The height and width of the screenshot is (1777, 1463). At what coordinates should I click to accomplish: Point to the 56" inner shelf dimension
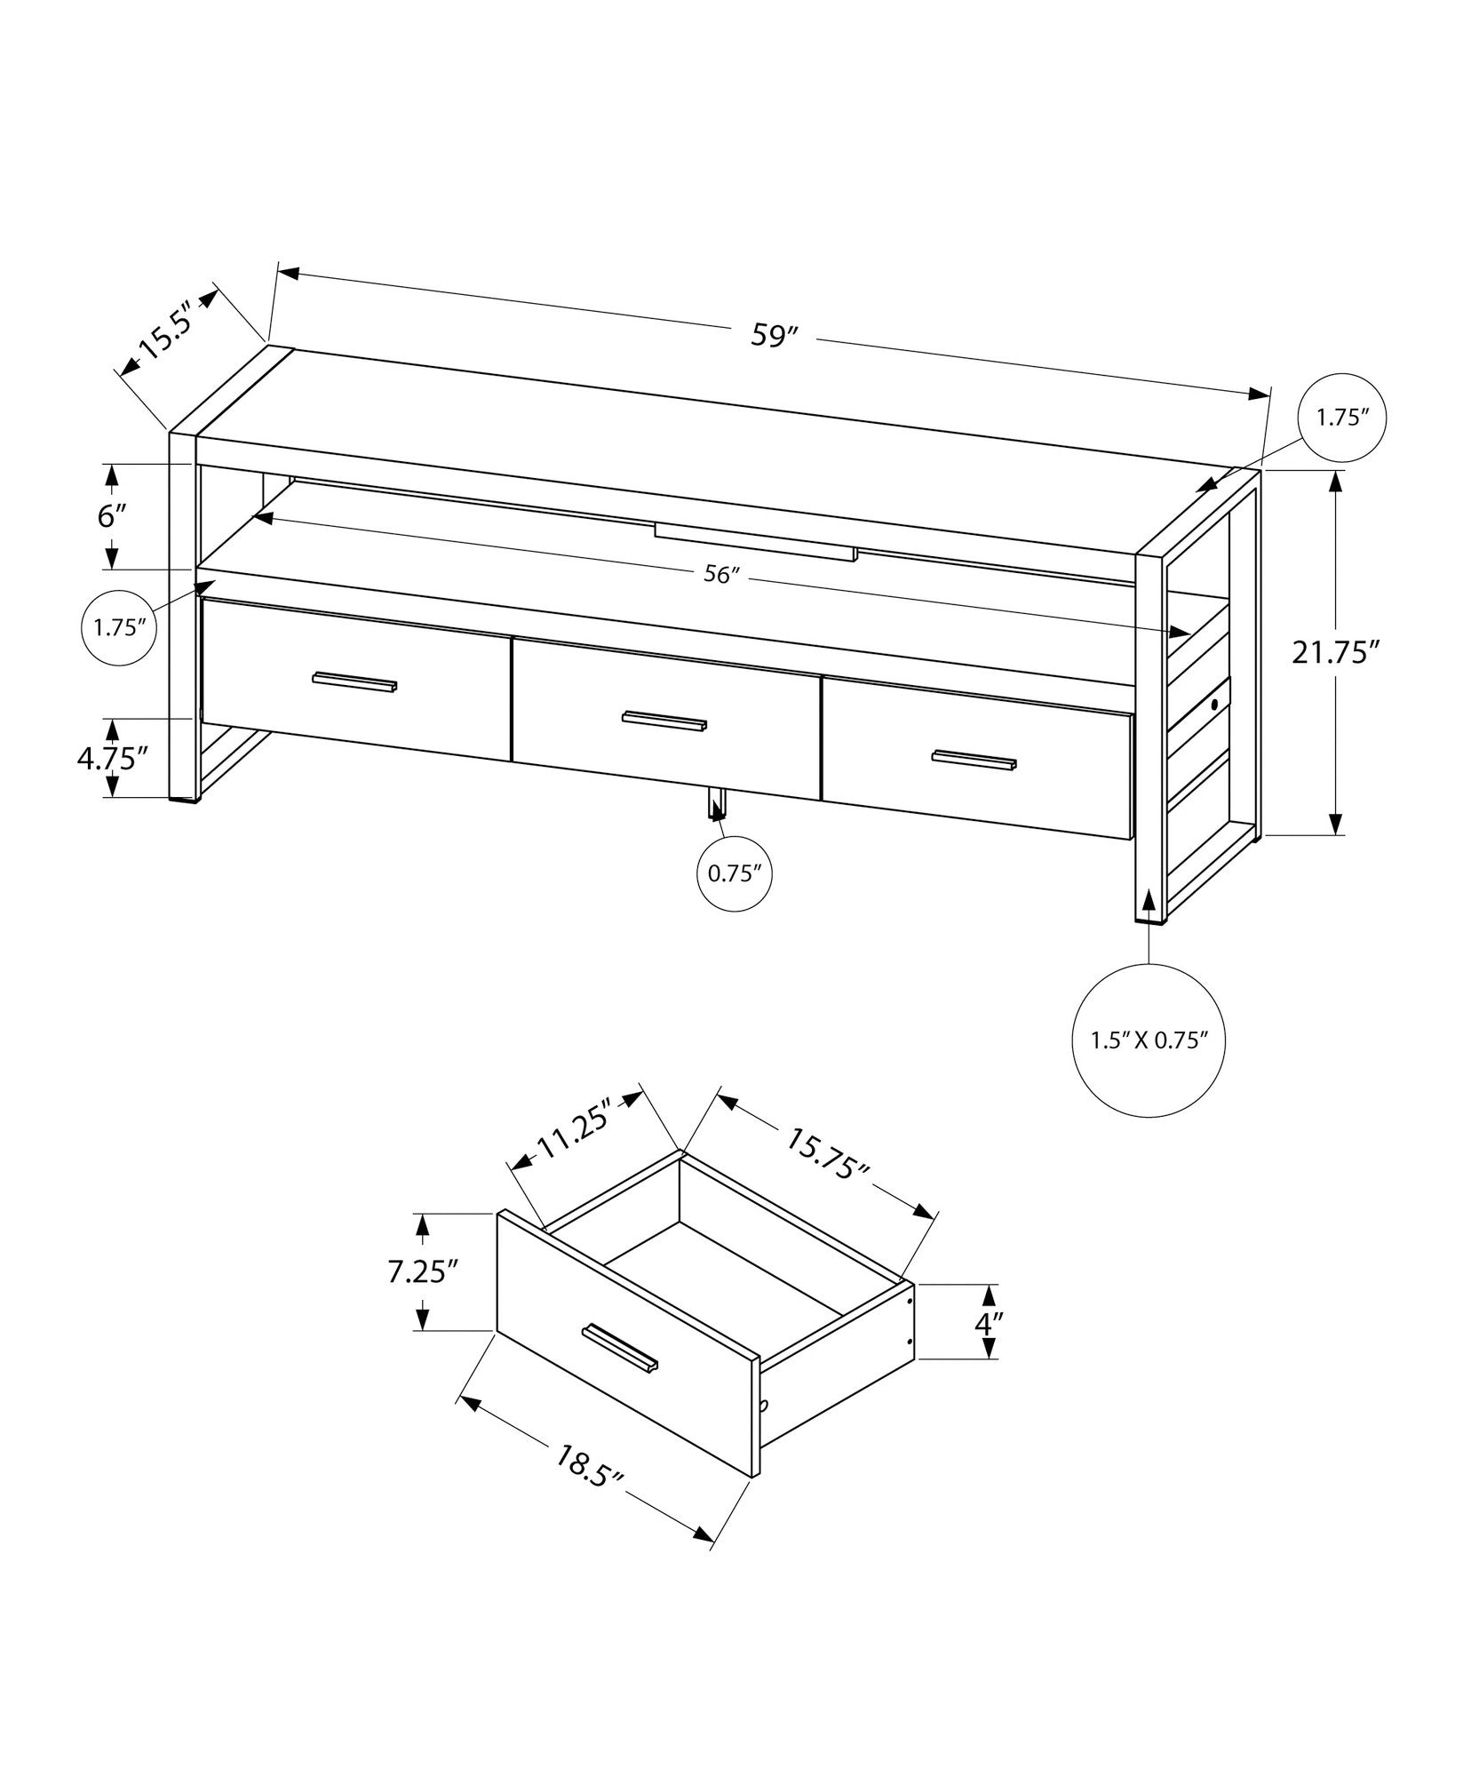coord(721,575)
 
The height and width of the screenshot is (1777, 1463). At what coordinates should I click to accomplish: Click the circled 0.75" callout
coord(735,873)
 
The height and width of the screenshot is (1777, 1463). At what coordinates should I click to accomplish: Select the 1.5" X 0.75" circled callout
coord(1149,1040)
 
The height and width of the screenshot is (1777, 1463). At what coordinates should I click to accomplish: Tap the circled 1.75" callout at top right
coord(1342,418)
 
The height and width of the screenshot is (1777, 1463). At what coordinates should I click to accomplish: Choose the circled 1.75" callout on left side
coord(120,627)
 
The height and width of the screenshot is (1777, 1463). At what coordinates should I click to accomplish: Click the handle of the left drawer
coord(354,681)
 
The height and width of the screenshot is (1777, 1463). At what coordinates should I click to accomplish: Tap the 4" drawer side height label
coord(988,1347)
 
